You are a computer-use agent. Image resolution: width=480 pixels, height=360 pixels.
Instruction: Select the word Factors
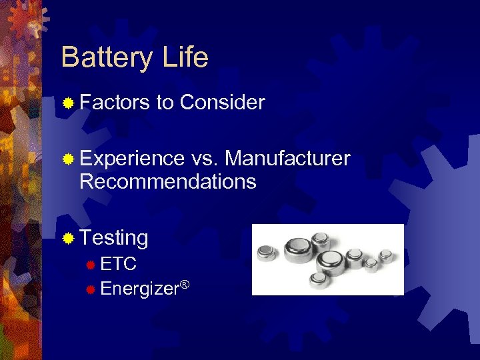pos(114,103)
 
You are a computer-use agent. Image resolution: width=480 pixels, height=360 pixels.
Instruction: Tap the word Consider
pos(222,103)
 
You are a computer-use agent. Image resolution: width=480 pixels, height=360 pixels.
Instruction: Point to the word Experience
pos(131,159)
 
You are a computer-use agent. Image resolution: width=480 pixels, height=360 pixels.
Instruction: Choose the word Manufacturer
pos(287,159)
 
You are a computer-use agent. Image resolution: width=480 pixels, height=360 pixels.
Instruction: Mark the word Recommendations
pos(167,181)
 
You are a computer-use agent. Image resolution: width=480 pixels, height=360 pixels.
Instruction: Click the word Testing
pos(113,238)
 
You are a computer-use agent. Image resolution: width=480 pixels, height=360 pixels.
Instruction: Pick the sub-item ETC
pos(119,264)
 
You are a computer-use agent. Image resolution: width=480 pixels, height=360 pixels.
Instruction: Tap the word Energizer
pos(140,289)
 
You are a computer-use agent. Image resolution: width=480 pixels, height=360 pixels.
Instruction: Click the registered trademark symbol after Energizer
pos(185,285)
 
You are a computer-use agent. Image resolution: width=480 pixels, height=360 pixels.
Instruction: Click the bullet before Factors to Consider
pos(67,103)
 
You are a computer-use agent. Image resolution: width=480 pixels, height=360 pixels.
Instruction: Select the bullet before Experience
pos(67,159)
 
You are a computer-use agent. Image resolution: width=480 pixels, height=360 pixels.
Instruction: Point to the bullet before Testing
pos(67,238)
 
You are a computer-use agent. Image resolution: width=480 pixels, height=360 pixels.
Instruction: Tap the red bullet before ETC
pos(91,265)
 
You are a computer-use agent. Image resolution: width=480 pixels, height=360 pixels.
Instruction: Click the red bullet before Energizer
pos(91,289)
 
